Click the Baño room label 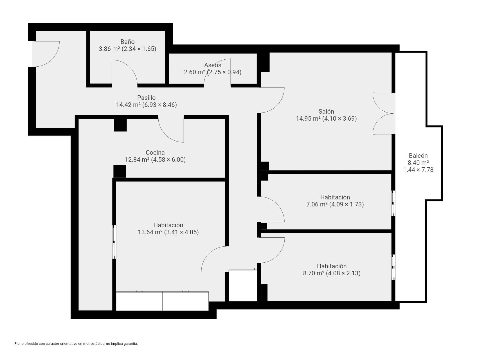pyautogui.click(x=127, y=42)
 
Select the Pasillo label pyautogui.click(x=146, y=98)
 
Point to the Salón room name pyautogui.click(x=326, y=111)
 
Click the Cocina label pyautogui.click(x=155, y=153)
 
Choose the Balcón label pyautogui.click(x=418, y=156)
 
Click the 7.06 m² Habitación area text pyautogui.click(x=317, y=204)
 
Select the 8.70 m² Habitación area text pyautogui.click(x=314, y=273)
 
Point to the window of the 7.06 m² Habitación pyautogui.click(x=393, y=203)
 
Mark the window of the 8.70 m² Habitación pyautogui.click(x=393, y=267)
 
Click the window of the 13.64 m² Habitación pyautogui.click(x=114, y=242)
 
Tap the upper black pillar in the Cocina pyautogui.click(x=120, y=125)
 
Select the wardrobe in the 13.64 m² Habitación pyautogui.click(x=162, y=301)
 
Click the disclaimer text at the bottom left pyautogui.click(x=76, y=344)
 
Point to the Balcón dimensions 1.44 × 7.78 pyautogui.click(x=418, y=170)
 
